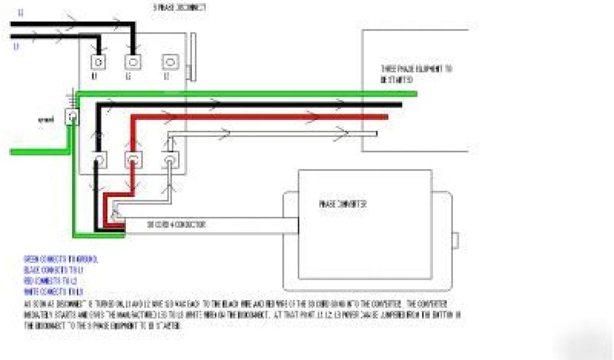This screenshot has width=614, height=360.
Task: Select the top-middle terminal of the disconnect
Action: (x=132, y=61)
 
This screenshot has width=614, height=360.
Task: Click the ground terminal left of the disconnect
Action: (x=73, y=116)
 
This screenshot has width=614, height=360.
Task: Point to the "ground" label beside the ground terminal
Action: (x=46, y=119)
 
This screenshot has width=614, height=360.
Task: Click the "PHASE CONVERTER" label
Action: (x=343, y=204)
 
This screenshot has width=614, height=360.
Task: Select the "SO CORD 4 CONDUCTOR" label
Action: (x=177, y=225)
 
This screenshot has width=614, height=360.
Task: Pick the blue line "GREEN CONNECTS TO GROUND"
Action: (x=61, y=259)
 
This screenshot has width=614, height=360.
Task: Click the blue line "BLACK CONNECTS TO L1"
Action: (x=53, y=270)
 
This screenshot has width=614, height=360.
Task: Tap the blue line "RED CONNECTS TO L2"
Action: (x=52, y=281)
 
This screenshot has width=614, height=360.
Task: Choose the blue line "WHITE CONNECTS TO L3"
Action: (x=53, y=292)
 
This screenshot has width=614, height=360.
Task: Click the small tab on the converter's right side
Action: (x=456, y=239)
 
